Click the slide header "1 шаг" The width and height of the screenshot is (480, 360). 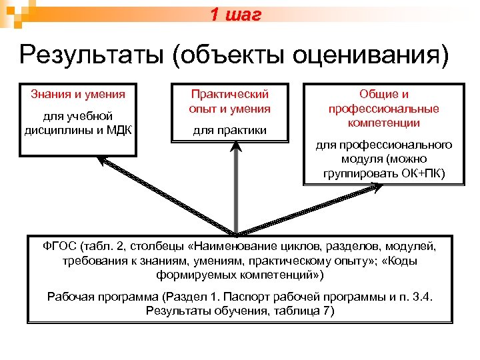(x=235, y=15)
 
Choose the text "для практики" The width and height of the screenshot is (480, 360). (x=229, y=129)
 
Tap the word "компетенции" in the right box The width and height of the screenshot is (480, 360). (x=383, y=123)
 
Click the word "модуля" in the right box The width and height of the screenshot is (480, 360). (x=363, y=160)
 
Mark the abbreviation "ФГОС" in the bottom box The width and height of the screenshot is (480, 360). (x=59, y=247)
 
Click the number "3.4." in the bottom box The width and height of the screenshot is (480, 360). (x=418, y=297)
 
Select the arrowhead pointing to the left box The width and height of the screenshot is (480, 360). (x=101, y=161)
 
